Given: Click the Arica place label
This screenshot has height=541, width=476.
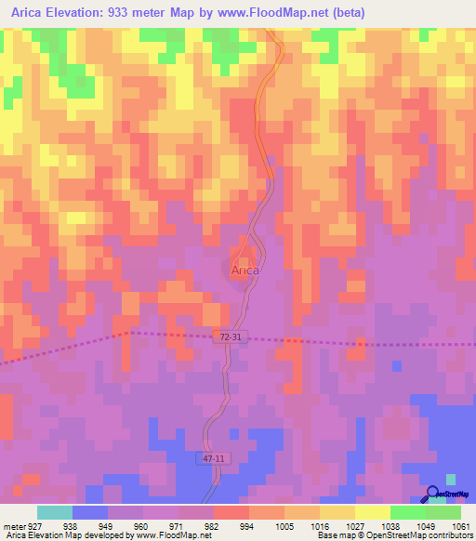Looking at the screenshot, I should [245, 270].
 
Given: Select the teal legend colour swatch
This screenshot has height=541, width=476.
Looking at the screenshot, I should [55, 512].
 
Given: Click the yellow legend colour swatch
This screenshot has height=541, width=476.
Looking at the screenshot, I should [372, 512].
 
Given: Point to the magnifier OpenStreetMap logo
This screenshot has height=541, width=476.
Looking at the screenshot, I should [433, 494].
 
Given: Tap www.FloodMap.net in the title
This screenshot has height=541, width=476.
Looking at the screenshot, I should [278, 13].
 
